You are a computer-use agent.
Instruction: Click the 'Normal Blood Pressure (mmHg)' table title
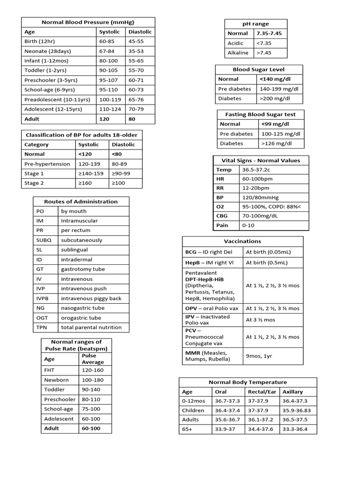tap(88, 22)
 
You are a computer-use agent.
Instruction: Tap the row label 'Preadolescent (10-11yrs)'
tap(57, 99)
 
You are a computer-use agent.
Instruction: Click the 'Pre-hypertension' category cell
tap(47, 164)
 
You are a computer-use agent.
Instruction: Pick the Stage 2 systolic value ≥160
tap(86, 183)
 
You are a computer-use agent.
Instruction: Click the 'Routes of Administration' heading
tap(81, 202)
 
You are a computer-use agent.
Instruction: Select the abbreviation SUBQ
tap(44, 240)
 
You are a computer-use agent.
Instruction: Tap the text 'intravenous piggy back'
tap(91, 298)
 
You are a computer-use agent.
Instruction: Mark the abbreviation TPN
tap(42, 327)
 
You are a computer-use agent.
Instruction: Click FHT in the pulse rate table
tap(50, 370)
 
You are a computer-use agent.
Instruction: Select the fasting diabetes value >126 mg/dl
tap(276, 143)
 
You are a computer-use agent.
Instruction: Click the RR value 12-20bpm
tap(256, 188)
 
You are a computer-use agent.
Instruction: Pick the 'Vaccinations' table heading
tap(242, 241)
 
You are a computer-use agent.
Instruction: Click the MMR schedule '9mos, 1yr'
tap(259, 356)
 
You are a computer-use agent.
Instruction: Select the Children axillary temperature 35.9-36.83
tap(298, 410)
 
